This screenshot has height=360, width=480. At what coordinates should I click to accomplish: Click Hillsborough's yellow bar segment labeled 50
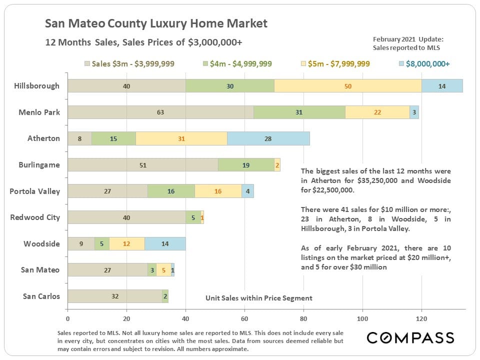348,86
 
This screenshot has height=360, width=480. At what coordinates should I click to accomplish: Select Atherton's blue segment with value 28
268,138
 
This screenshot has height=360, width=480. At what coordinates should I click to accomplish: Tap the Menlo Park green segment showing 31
299,112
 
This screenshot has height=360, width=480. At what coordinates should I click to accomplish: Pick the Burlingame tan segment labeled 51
143,165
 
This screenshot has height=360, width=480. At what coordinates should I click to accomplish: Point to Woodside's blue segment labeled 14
165,243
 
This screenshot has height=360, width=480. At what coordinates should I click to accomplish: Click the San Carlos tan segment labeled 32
115,296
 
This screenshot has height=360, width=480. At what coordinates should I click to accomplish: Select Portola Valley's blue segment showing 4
248,191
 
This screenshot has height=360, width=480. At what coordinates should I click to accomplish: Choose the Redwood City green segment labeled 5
193,217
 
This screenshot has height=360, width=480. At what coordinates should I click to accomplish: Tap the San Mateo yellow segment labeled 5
163,270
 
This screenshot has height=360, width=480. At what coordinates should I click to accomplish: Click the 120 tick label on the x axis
421,318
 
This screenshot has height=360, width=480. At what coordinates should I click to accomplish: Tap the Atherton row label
43,138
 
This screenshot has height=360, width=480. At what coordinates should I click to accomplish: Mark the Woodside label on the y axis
41,243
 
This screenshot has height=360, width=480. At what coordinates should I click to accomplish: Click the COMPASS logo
410,337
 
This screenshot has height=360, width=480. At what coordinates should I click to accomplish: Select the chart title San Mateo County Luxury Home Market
156,23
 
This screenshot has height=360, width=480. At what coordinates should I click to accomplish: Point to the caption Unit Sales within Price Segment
259,298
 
